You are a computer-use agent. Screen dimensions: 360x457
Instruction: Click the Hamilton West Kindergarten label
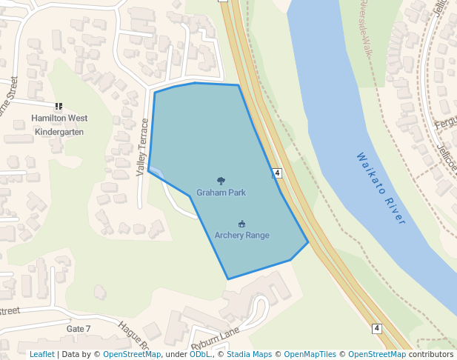pos(59,124)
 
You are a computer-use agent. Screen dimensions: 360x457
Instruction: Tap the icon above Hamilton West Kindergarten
pos(59,107)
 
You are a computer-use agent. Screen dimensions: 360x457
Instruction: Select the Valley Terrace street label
pos(143,147)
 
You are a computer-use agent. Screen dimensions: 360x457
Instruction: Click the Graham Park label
pos(221,193)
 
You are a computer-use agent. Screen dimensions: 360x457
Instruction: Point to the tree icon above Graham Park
pos(221,181)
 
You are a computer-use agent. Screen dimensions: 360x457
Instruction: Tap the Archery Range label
pos(241,235)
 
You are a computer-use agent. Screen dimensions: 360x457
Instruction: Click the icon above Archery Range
pos(241,224)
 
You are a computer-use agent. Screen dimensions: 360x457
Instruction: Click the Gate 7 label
pos(79,328)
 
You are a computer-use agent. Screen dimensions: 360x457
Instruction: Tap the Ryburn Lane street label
pos(216,338)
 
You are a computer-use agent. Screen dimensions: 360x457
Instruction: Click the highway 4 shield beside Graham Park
pos(277,173)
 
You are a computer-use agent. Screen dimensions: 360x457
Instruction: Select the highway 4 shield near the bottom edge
pos(376,328)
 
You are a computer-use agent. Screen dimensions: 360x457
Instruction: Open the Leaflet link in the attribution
pos(42,354)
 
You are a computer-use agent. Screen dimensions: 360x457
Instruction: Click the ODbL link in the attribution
pos(200,354)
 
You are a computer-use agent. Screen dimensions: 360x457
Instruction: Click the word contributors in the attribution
pos(431,354)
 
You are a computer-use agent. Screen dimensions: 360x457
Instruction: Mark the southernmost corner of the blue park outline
pos(228,279)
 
